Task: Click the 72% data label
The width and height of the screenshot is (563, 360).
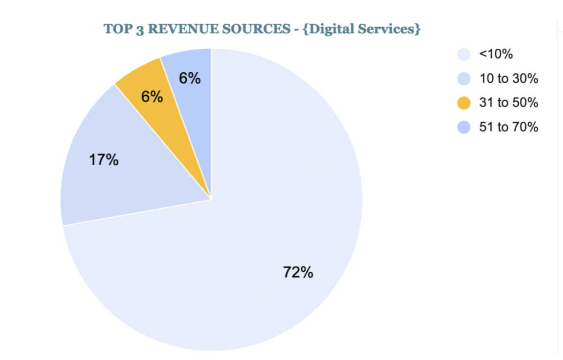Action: [x=298, y=272]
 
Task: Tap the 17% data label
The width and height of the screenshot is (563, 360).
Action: [x=104, y=160]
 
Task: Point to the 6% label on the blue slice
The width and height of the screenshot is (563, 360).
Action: [x=190, y=78]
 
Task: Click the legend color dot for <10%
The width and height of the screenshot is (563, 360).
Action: [x=464, y=54]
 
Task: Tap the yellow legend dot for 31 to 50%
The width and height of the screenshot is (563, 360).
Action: [x=464, y=103]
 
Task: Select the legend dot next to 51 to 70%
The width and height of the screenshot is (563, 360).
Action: [x=464, y=127]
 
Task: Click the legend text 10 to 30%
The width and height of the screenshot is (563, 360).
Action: [x=508, y=79]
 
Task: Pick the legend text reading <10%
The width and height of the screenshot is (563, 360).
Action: [x=496, y=54]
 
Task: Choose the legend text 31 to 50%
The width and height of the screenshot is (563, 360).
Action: [x=508, y=103]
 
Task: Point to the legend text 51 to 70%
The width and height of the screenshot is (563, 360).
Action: [x=508, y=127]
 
